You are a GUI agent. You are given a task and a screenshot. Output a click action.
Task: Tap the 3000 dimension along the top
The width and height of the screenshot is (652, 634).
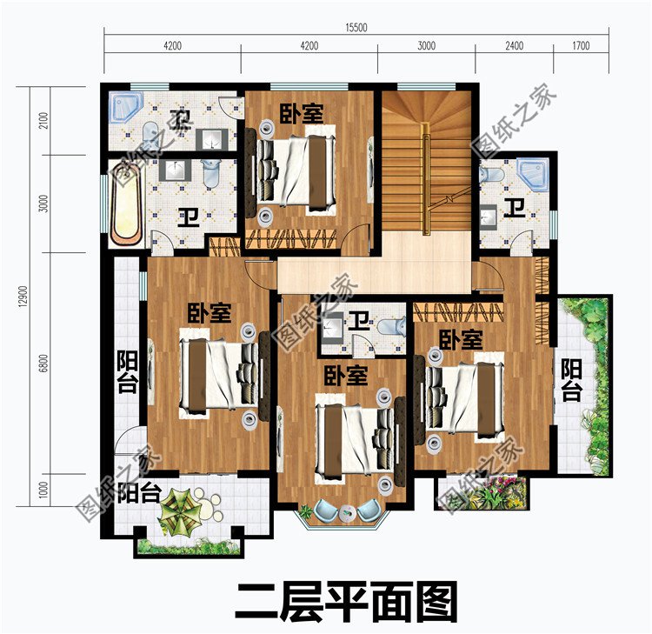point(425,46)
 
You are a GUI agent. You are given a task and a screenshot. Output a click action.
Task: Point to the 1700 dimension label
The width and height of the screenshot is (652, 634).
point(581,46)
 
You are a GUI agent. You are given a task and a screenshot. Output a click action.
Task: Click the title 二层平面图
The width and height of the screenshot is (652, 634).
point(345,599)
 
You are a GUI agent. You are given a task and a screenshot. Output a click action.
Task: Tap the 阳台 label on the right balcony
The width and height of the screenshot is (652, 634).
point(570,380)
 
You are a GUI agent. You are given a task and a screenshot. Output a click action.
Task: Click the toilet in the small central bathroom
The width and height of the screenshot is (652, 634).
point(393,326)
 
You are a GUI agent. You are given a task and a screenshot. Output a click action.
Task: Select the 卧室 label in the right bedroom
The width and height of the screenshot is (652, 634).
point(460,339)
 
